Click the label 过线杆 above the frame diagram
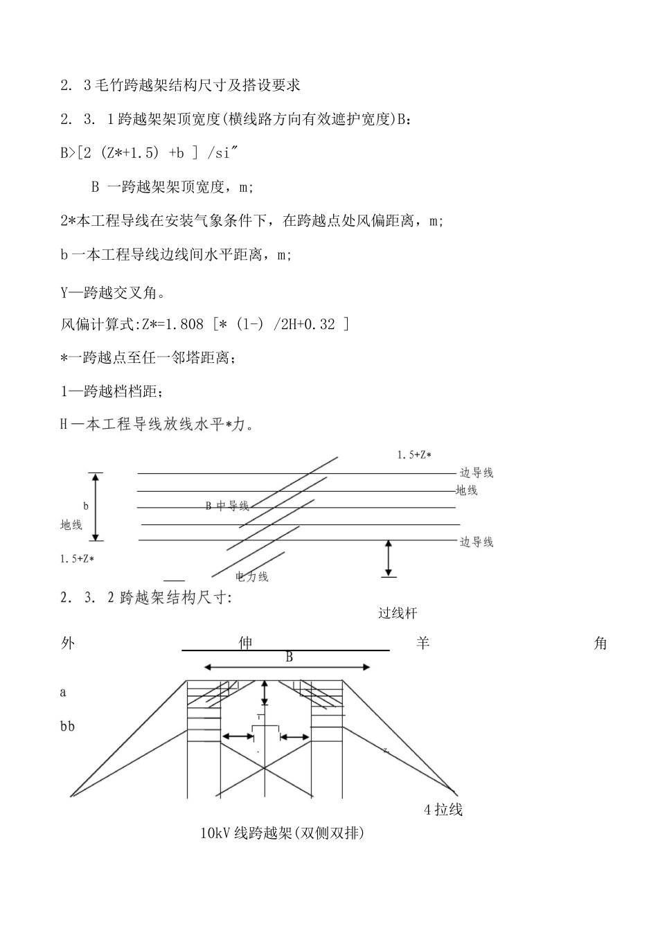click(398, 613)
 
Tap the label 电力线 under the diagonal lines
click(251, 576)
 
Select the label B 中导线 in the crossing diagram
click(227, 506)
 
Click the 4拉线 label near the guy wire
click(443, 809)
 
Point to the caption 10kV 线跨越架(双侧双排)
click(282, 833)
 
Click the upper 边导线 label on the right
click(477, 473)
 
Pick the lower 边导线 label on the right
click(477, 542)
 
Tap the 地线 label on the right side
click(467, 490)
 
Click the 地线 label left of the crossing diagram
click(71, 525)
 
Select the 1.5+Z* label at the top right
click(414, 455)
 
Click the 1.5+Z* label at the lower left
click(77, 558)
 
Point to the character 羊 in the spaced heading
click(423, 644)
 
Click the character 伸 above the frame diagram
click(245, 644)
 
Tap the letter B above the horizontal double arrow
click(290, 657)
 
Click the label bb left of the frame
click(67, 727)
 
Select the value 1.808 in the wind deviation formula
click(186, 324)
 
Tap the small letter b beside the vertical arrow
click(86, 506)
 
